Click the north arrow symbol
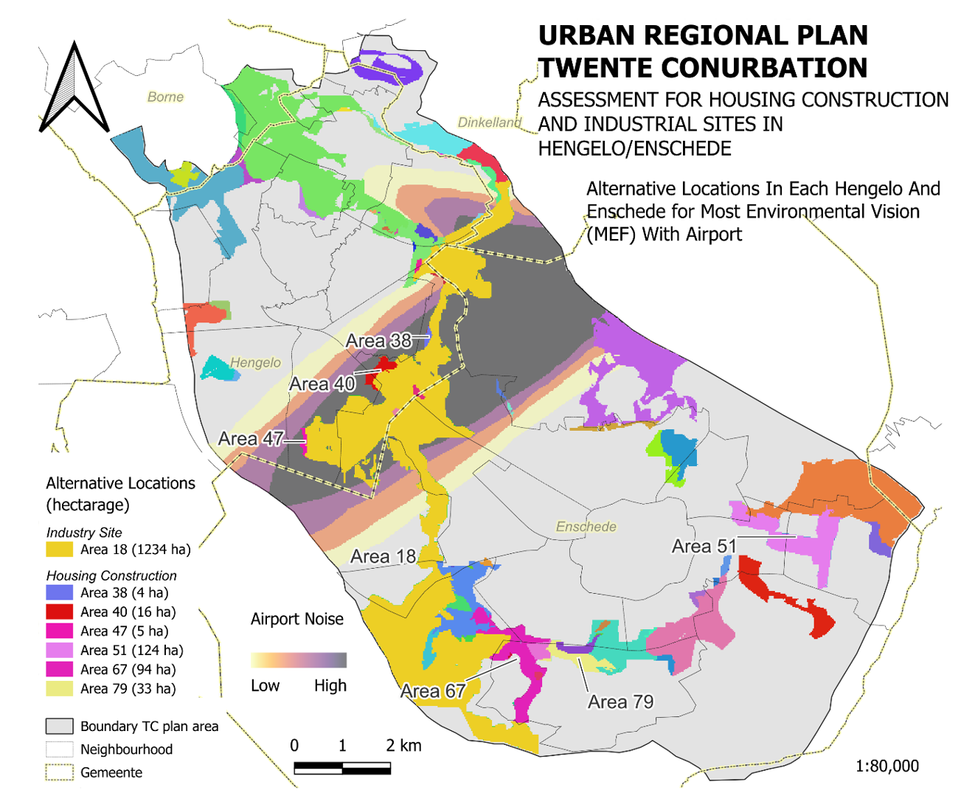point(74,89)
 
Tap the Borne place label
point(165,97)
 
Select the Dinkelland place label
point(489,122)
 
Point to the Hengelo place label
point(255,362)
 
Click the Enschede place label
point(586,527)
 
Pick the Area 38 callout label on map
point(378,341)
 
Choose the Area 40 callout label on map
point(322,384)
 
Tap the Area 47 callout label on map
point(251,440)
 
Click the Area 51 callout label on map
point(704,546)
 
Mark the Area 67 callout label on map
point(432,691)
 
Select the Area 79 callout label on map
point(620,702)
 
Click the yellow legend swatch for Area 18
point(59,550)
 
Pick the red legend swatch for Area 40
point(59,612)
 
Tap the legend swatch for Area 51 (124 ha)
point(59,650)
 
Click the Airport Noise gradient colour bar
point(298,659)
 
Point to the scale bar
point(342,769)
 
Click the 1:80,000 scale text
point(887,766)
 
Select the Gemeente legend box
point(59,772)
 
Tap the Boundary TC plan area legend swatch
point(59,727)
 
